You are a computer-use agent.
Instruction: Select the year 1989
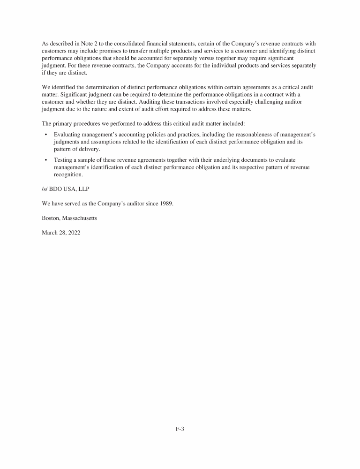[x=165, y=204]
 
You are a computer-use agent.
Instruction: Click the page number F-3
[x=180, y=428]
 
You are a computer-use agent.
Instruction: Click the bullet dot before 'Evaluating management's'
[x=45, y=135]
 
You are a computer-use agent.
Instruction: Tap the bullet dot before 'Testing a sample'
[x=45, y=160]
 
